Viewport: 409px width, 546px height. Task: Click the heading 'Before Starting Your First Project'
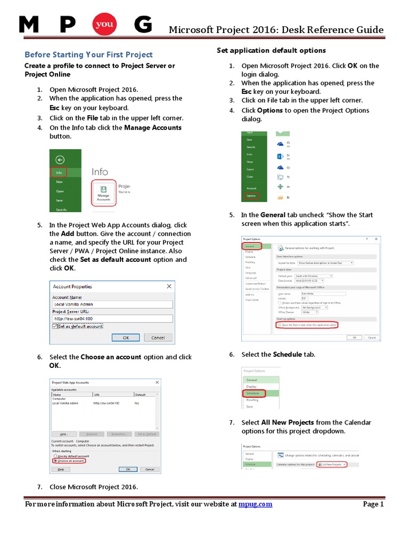89,54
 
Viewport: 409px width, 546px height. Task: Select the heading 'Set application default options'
271,50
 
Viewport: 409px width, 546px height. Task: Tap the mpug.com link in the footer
255,504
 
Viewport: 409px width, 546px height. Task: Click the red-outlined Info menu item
59,173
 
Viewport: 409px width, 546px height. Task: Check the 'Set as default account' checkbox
55,326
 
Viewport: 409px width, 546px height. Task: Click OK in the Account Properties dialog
126,338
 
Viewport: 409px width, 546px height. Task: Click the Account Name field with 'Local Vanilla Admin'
113,304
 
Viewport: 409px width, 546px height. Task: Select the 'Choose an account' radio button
55,461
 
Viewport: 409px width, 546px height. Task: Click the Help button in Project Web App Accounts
61,469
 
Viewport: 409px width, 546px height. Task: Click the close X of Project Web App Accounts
157,382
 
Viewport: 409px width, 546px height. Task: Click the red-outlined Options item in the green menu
251,196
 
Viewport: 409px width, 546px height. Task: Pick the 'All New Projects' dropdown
332,464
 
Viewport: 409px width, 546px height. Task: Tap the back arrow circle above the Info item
60,159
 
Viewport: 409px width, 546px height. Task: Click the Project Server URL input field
113,319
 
